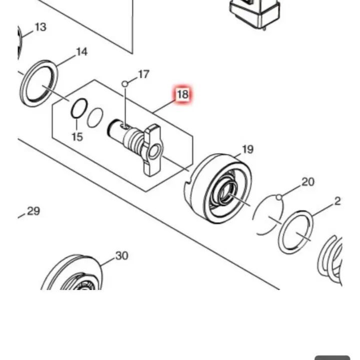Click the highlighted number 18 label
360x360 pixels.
[x=182, y=94]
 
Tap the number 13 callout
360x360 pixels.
[x=41, y=27]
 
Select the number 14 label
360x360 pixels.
[x=81, y=52]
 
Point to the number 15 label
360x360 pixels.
[x=77, y=137]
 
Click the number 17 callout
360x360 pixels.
[x=143, y=75]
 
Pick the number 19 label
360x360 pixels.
[x=247, y=149]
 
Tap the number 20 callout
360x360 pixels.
[x=308, y=182]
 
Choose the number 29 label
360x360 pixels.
[x=33, y=211]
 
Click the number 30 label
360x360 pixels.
[x=122, y=256]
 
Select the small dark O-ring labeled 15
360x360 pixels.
[x=79, y=109]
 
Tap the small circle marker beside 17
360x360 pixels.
[x=125, y=83]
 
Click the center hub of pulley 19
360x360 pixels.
[x=225, y=192]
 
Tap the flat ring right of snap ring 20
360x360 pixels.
[x=296, y=232]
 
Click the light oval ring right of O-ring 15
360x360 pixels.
[x=95, y=118]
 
